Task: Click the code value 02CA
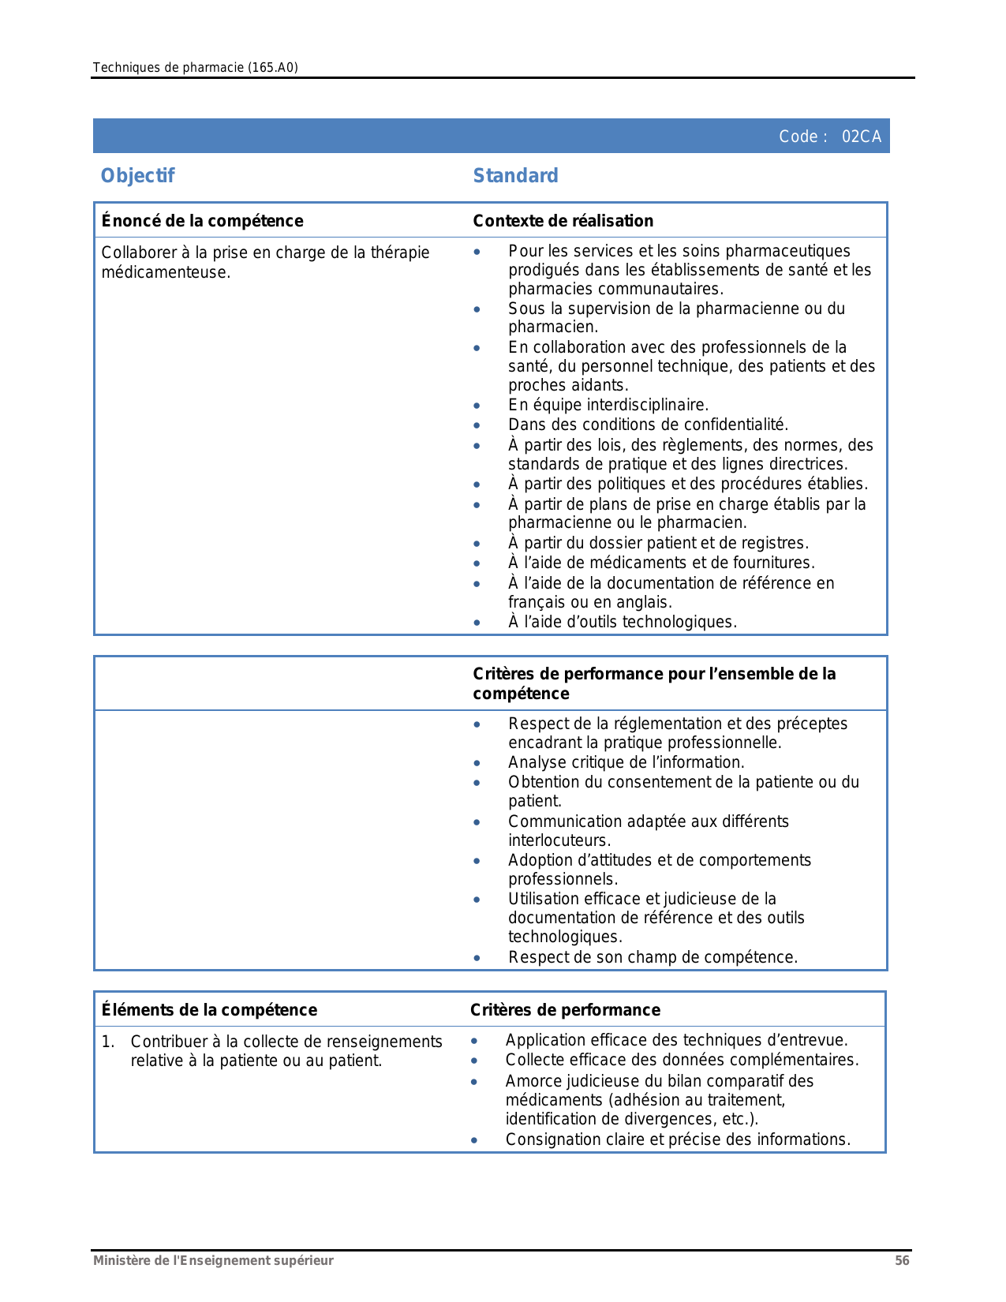[861, 137]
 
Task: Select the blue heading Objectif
[137, 175]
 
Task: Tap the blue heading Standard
[515, 175]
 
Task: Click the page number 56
[902, 1260]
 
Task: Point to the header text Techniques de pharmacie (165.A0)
[195, 67]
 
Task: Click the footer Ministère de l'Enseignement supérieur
[213, 1260]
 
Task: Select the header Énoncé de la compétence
[202, 221]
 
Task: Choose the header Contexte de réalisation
[563, 221]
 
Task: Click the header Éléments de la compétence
[209, 1010]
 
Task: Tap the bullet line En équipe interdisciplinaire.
[608, 405]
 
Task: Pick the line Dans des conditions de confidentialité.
[648, 425]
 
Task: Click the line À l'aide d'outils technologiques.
[622, 622]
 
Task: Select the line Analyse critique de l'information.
[626, 762]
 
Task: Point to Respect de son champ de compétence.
[653, 957]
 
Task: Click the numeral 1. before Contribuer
[108, 1042]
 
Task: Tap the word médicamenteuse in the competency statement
[166, 273]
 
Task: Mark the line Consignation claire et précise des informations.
[678, 1139]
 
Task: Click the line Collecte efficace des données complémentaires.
[681, 1060]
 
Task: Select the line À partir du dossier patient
[658, 543]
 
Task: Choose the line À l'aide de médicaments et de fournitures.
[661, 563]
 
